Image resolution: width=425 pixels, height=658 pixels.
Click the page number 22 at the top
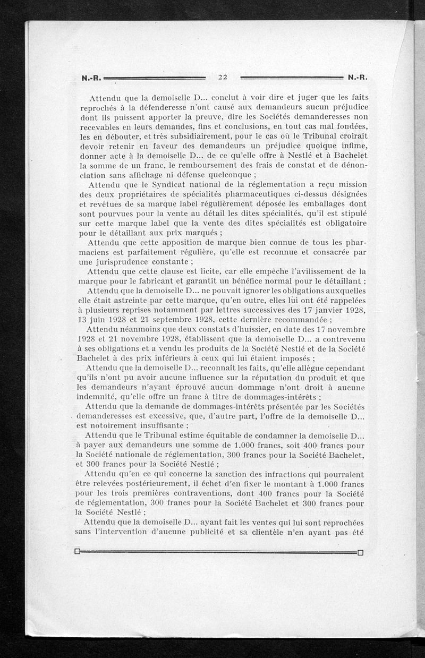(223, 77)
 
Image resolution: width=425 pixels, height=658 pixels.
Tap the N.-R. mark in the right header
(358, 78)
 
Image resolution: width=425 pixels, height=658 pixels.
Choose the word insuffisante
(154, 425)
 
